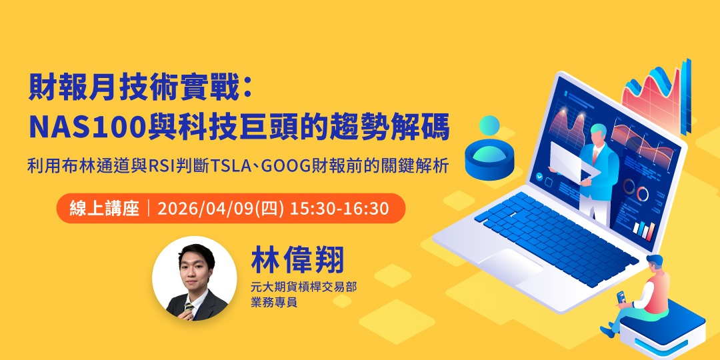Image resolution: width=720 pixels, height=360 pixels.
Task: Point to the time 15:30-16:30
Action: [339, 208]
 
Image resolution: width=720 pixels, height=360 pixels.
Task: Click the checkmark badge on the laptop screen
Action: [539, 177]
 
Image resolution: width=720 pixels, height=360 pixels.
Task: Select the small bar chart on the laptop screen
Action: [643, 229]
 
